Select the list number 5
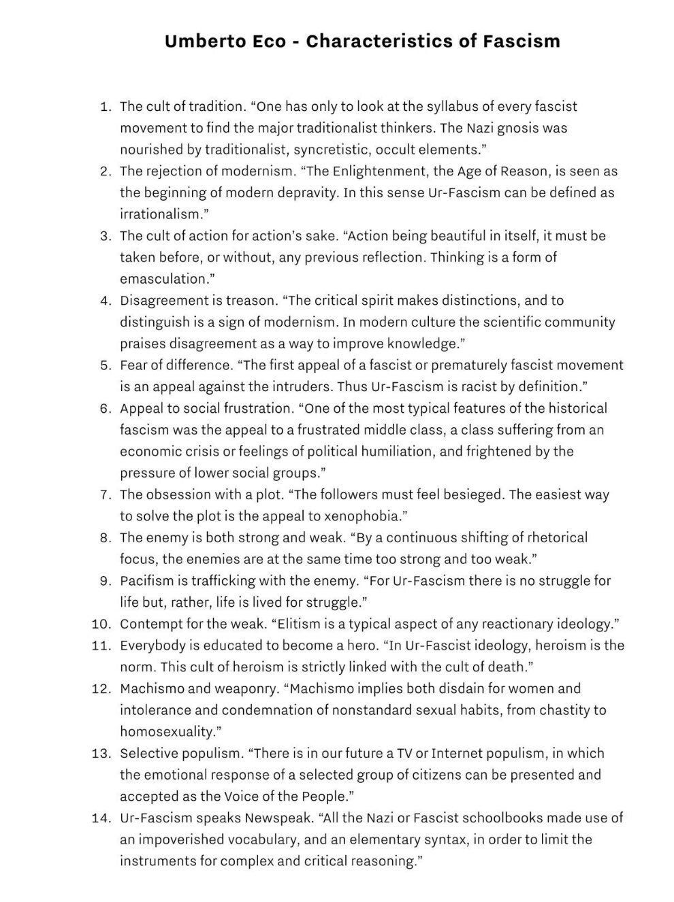106,365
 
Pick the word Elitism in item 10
300,624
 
